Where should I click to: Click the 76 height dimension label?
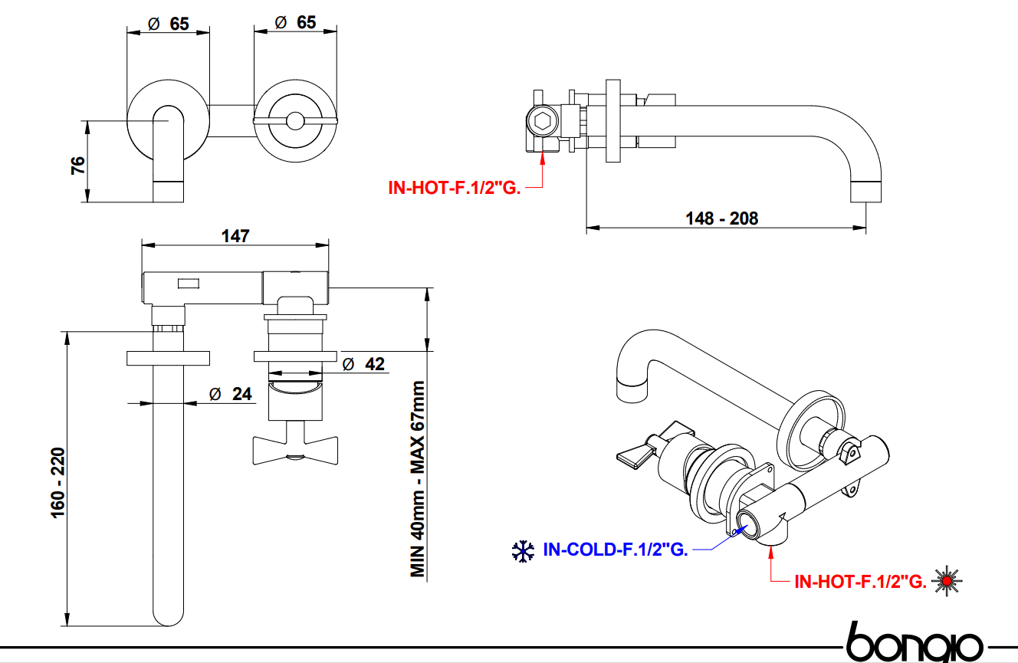tap(78, 166)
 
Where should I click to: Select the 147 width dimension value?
tap(235, 236)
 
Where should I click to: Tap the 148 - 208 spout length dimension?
tap(721, 218)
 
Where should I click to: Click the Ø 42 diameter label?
tap(363, 364)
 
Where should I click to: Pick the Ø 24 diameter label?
tap(230, 394)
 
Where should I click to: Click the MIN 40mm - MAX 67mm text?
tap(417, 479)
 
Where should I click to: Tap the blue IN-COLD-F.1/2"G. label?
tap(615, 550)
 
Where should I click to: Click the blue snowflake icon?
tap(523, 551)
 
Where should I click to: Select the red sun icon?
tap(948, 581)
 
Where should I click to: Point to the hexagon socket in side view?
tap(540, 120)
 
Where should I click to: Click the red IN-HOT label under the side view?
tap(455, 186)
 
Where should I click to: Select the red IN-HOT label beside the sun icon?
tap(859, 582)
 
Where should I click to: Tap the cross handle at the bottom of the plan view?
tap(295, 448)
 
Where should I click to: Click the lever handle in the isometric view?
tap(635, 455)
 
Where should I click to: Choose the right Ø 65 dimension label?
tap(295, 23)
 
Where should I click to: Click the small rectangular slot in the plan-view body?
tap(189, 284)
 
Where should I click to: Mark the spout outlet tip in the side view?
tap(866, 192)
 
